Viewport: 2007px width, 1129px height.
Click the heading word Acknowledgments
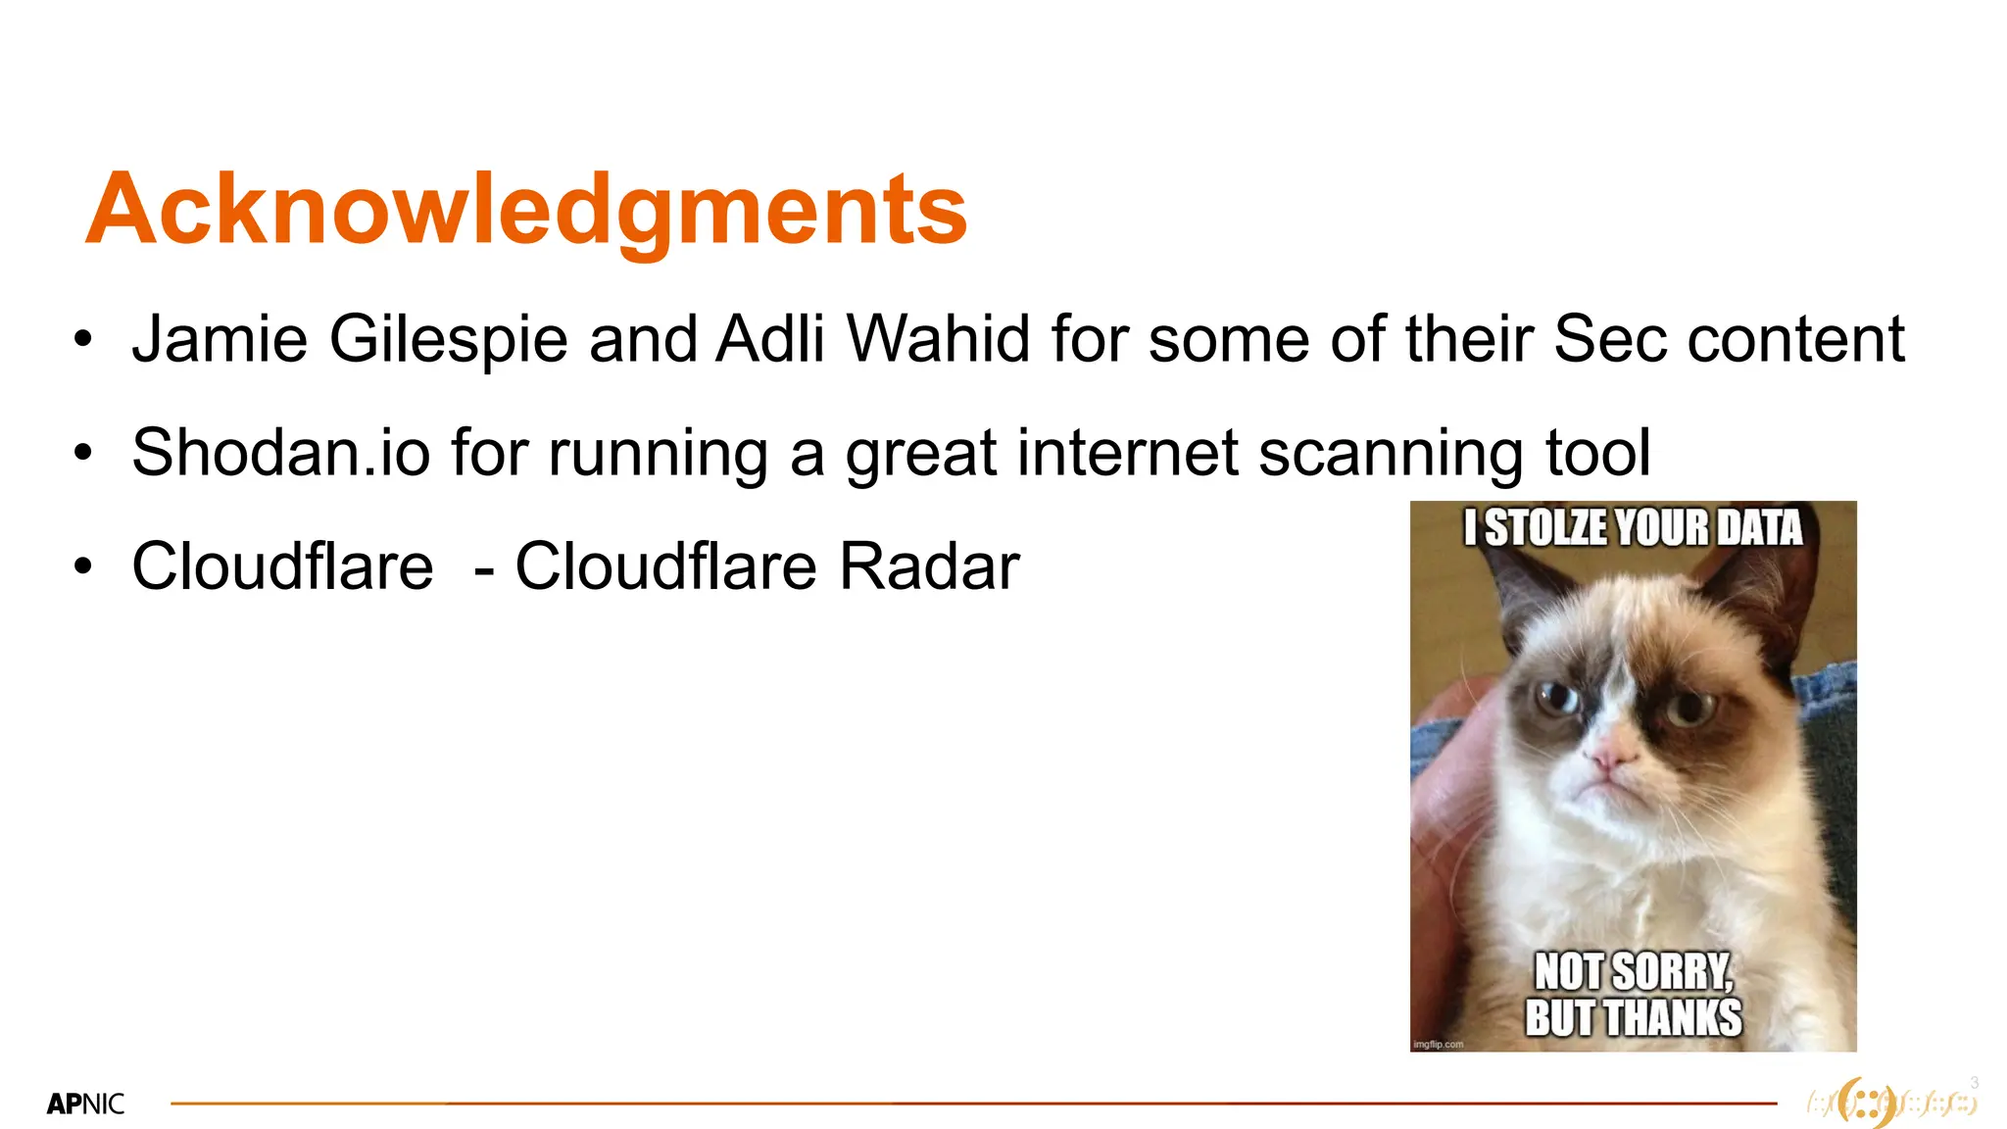tap(526, 209)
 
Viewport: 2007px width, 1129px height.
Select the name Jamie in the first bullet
tap(220, 339)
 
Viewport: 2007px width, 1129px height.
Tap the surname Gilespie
tap(448, 339)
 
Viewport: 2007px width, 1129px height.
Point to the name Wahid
tap(938, 339)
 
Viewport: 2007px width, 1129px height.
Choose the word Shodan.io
tap(280, 453)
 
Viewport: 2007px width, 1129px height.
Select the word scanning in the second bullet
tap(1392, 453)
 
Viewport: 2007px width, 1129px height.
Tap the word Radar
tap(929, 566)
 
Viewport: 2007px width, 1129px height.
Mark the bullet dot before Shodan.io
tap(83, 454)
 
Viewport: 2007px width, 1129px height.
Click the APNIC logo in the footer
tap(85, 1104)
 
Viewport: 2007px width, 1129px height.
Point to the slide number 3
tap(1974, 1083)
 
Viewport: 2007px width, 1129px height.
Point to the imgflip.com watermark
tap(1438, 1045)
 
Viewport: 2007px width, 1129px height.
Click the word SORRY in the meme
tap(1672, 972)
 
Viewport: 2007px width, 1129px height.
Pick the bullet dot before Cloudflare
tap(83, 567)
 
